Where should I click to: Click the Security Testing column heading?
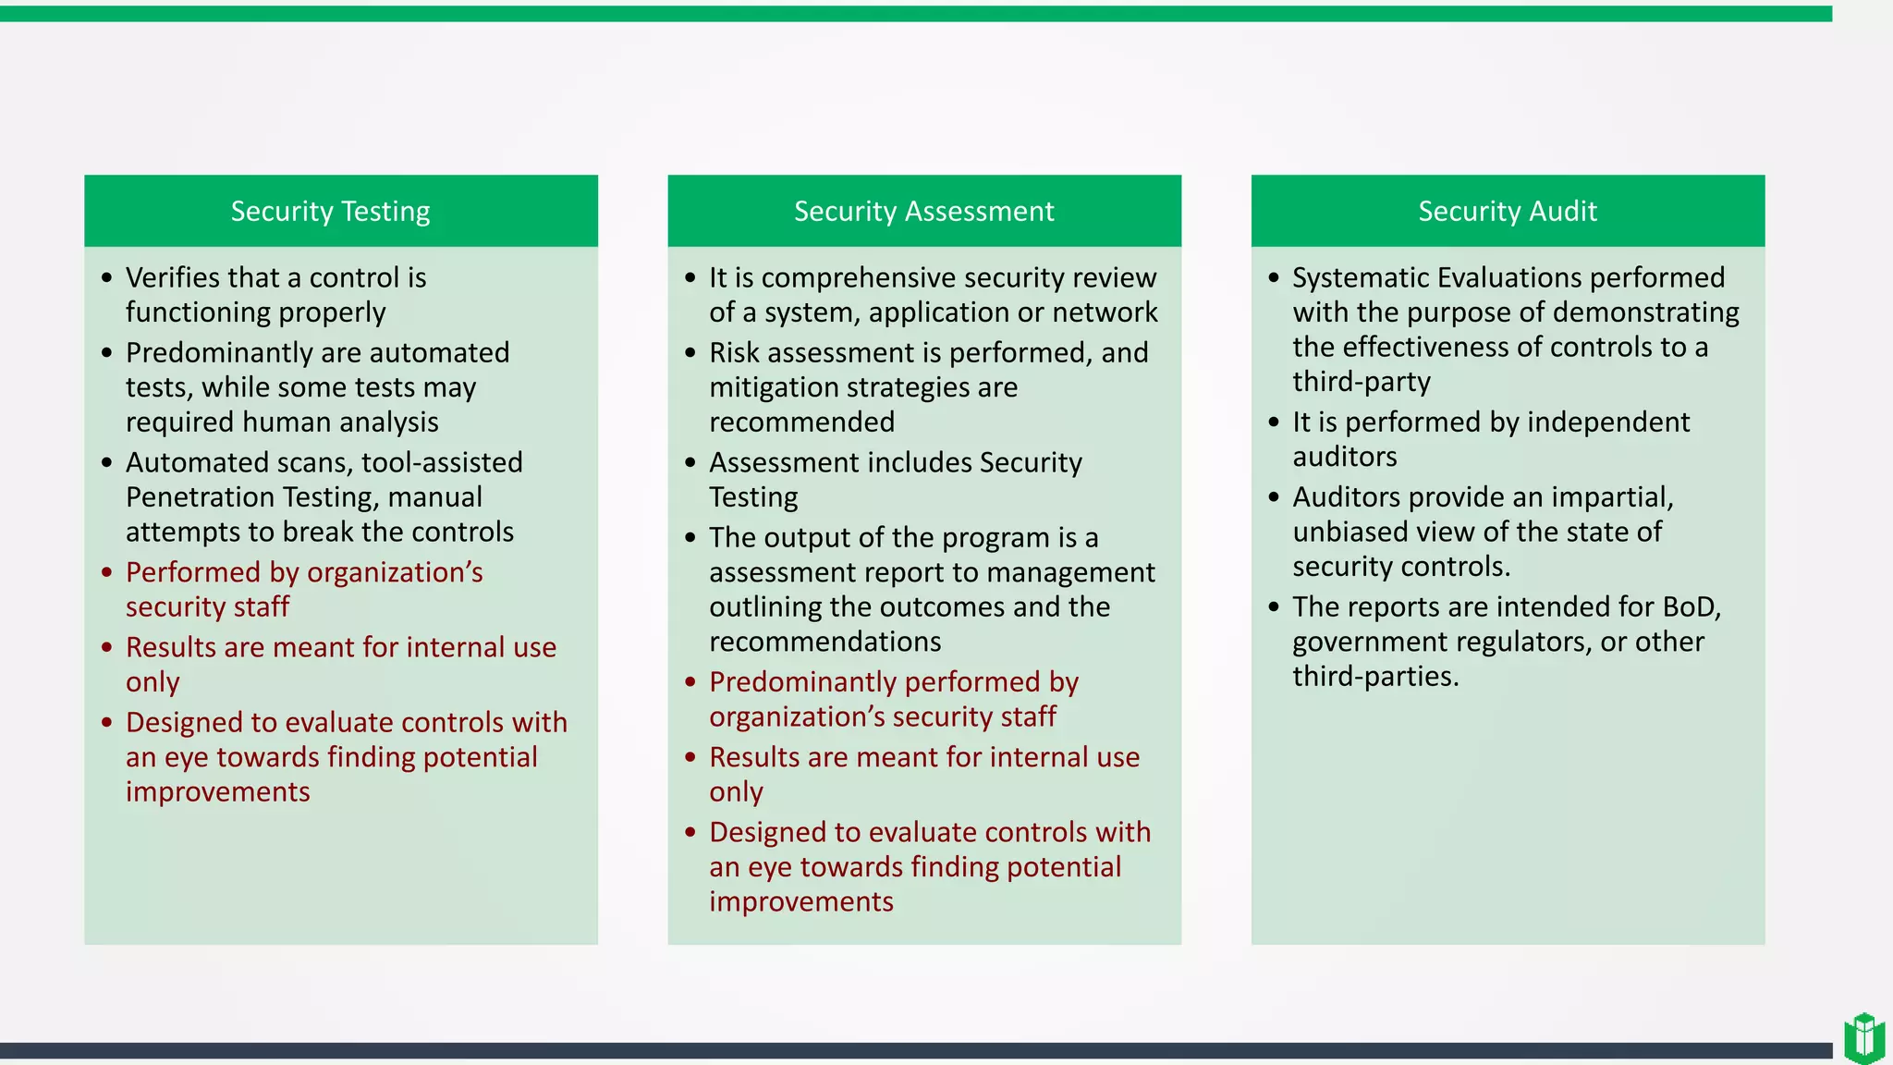(x=330, y=212)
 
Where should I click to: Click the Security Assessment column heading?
(x=923, y=212)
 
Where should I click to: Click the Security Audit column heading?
(x=1507, y=212)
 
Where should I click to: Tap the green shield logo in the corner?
(x=1863, y=1037)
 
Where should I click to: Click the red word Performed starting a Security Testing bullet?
(x=193, y=572)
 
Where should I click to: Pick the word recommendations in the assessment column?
(x=824, y=642)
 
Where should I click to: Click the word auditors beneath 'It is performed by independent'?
(x=1344, y=457)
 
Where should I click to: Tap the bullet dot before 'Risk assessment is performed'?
(x=690, y=352)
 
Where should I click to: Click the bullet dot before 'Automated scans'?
(x=107, y=462)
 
